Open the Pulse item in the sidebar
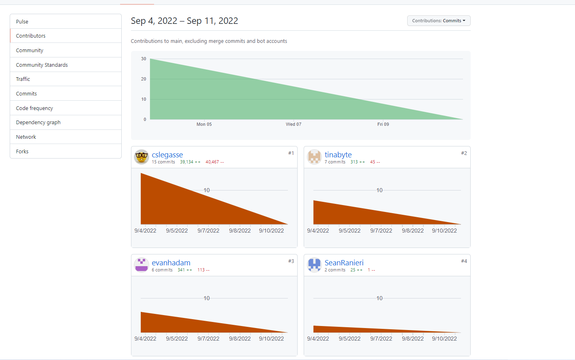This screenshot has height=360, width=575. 22,21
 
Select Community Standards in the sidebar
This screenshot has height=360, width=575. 42,65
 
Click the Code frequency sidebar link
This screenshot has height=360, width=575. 34,108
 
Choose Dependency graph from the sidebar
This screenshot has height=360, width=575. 38,122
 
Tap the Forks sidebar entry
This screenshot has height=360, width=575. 22,151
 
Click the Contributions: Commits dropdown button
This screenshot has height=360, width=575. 438,21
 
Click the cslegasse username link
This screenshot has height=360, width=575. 167,155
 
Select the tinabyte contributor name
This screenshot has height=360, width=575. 338,155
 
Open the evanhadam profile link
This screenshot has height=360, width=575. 171,263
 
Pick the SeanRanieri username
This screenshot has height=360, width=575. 344,263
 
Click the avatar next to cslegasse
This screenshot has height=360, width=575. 142,157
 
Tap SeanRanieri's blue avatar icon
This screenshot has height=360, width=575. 314,265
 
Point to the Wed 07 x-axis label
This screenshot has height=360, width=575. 294,124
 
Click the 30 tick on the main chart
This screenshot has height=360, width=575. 144,59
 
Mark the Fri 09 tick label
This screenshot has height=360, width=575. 383,124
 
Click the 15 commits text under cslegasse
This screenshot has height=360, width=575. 163,162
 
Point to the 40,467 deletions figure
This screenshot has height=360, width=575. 214,162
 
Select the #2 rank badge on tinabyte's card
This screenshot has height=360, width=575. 464,153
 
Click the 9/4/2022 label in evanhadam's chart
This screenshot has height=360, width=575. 145,339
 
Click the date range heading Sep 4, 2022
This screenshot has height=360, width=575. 154,21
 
